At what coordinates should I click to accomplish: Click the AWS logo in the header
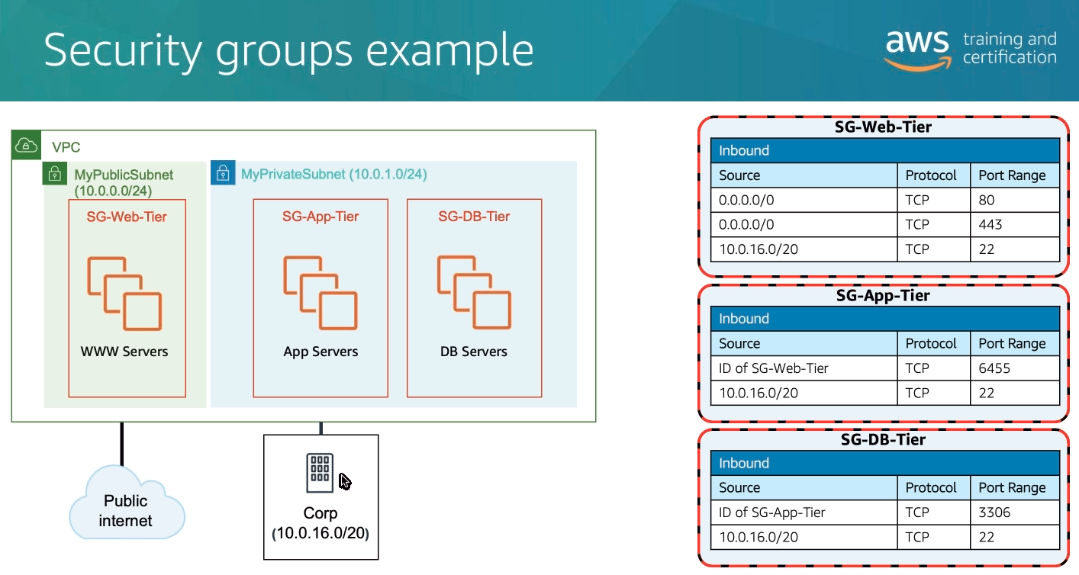pyautogui.click(x=916, y=49)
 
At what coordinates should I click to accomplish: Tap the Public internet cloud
pyautogui.click(x=126, y=509)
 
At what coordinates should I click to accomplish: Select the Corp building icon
pyautogui.click(x=320, y=473)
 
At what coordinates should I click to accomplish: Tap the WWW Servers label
pyautogui.click(x=124, y=352)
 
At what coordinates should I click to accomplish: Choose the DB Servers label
pyautogui.click(x=474, y=352)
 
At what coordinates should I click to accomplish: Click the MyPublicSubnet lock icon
pyautogui.click(x=54, y=174)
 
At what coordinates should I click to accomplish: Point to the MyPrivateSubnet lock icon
pyautogui.click(x=222, y=173)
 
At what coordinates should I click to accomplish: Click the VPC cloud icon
pyautogui.click(x=26, y=145)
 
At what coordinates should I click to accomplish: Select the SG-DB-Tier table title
pyautogui.click(x=883, y=439)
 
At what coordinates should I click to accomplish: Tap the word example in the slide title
pyautogui.click(x=450, y=50)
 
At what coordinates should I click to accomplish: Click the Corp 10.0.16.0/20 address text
pyautogui.click(x=320, y=533)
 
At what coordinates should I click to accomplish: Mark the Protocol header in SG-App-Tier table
pyautogui.click(x=931, y=343)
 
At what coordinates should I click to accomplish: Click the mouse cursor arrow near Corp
pyautogui.click(x=345, y=481)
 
